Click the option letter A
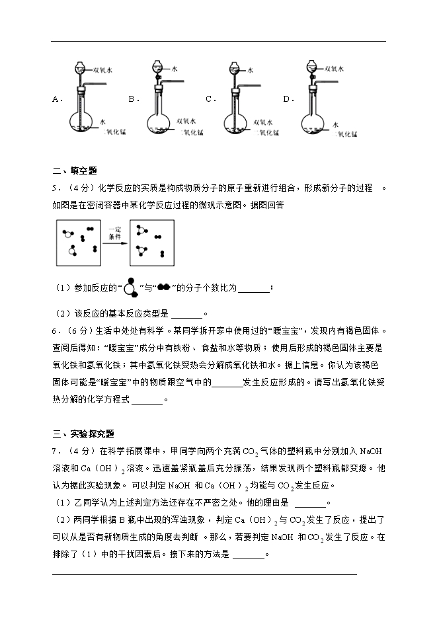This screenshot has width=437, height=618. click(x=56, y=99)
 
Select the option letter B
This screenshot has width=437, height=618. click(x=132, y=99)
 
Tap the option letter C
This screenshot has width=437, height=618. click(x=209, y=99)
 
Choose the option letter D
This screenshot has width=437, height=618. click(x=286, y=99)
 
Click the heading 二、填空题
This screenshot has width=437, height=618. click(x=74, y=171)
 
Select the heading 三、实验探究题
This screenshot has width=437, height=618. click(x=83, y=434)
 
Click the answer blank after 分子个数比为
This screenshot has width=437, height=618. click(x=253, y=288)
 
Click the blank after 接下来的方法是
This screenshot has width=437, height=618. click(x=249, y=555)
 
